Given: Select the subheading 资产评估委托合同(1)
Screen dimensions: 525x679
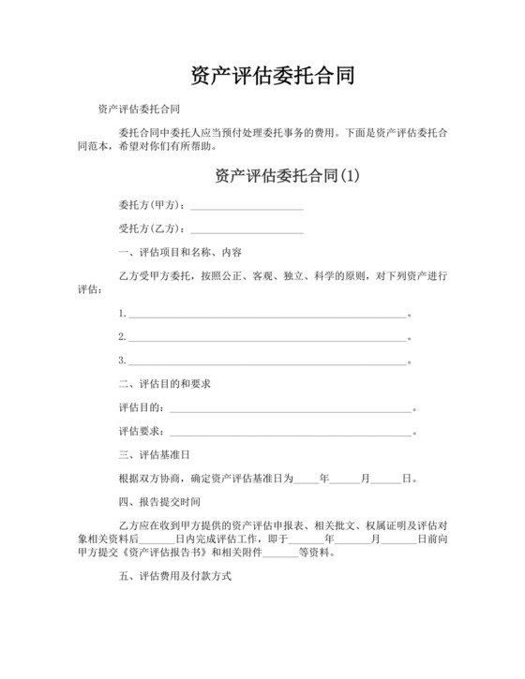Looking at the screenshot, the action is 287,175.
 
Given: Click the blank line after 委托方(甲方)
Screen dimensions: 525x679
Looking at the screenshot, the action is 247,206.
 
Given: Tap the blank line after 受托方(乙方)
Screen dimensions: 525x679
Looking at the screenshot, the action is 247,229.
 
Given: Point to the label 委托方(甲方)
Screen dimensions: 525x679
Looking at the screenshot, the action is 151,205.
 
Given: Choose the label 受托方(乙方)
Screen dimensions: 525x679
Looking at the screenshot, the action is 151,229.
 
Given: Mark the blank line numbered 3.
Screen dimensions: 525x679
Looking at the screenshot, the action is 267,361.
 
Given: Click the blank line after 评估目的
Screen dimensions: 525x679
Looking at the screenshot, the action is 291,408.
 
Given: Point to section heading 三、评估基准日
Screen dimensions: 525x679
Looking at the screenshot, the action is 154,455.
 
